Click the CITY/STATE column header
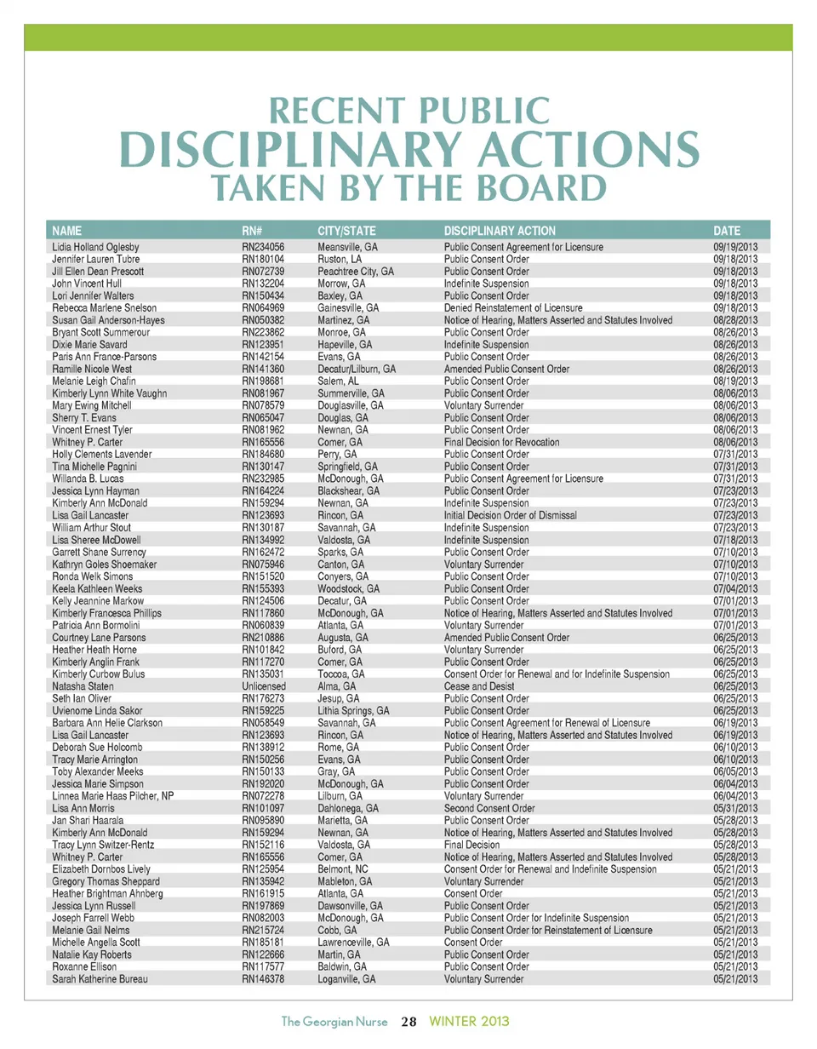[346, 231]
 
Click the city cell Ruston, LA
[340, 258]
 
